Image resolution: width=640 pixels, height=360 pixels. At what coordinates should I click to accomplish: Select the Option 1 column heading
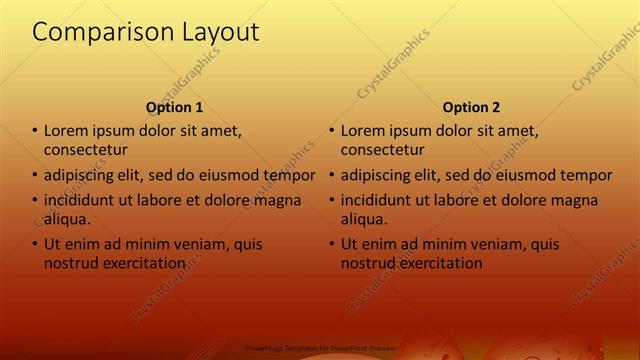point(174,107)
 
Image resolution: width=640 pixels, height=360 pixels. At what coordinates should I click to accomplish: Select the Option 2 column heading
point(471,107)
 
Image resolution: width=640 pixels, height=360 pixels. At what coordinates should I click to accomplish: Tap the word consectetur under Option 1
point(85,150)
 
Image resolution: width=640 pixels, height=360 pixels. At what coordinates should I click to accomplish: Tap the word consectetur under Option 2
point(382,150)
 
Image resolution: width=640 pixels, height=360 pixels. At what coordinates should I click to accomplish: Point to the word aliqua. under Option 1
point(67,219)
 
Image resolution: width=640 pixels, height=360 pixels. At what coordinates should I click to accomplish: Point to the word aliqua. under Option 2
point(364,219)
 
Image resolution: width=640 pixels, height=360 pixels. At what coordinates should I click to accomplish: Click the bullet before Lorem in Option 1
point(35,131)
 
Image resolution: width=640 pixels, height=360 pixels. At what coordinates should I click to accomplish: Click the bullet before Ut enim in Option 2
point(332,244)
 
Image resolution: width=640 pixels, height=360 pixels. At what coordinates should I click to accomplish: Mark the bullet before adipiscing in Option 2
point(332,176)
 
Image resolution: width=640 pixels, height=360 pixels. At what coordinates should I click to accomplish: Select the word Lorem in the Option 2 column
point(363,131)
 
